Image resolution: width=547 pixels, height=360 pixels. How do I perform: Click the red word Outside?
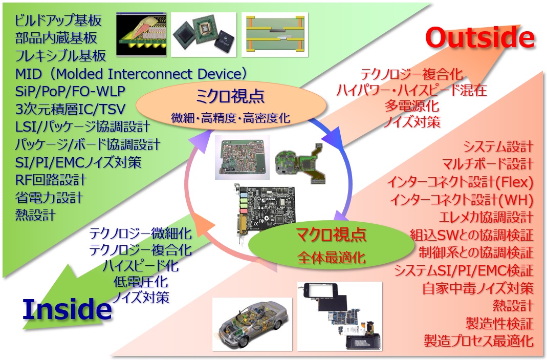tap(479, 38)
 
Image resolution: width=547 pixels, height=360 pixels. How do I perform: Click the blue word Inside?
tap(67, 309)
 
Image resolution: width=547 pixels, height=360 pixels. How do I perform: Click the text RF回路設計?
tap(51, 180)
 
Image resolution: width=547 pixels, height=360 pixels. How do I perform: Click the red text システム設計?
tap(498, 147)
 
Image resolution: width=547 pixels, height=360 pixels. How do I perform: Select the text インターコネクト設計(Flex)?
tap(460, 182)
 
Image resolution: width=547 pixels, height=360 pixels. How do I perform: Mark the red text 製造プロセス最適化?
tap(478, 340)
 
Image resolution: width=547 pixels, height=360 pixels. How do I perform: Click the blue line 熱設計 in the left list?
tap(35, 215)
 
